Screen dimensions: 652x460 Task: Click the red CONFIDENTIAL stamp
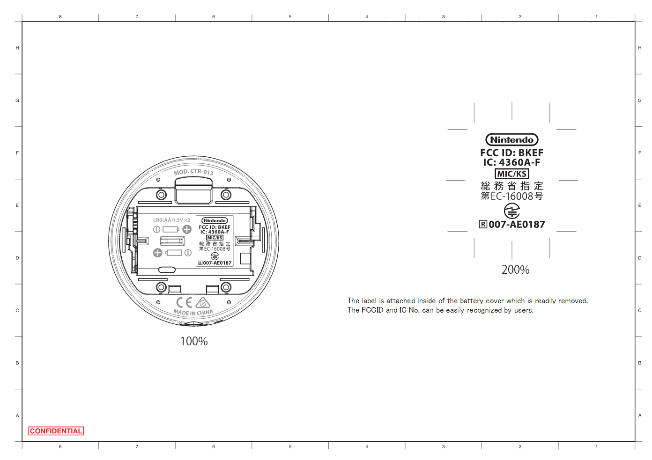point(56,431)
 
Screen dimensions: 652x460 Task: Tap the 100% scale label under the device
point(194,341)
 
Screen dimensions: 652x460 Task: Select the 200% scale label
point(516,270)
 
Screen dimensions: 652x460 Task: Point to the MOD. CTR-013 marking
point(193,172)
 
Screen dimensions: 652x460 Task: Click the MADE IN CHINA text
point(193,313)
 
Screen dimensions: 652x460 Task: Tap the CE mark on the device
point(184,302)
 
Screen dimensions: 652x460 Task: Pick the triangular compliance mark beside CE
point(203,303)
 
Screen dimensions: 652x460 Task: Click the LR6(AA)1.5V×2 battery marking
point(172,220)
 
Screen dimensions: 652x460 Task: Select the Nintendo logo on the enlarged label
point(511,139)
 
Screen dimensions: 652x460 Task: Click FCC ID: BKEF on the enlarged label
point(511,153)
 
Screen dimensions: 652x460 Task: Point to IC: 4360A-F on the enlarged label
point(511,162)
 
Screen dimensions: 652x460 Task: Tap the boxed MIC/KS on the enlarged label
point(511,174)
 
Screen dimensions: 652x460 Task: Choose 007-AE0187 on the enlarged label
point(517,225)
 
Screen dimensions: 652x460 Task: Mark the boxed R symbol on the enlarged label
point(483,224)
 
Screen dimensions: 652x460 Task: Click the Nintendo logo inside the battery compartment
point(215,221)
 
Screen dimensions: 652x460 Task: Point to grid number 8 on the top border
point(60,16)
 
